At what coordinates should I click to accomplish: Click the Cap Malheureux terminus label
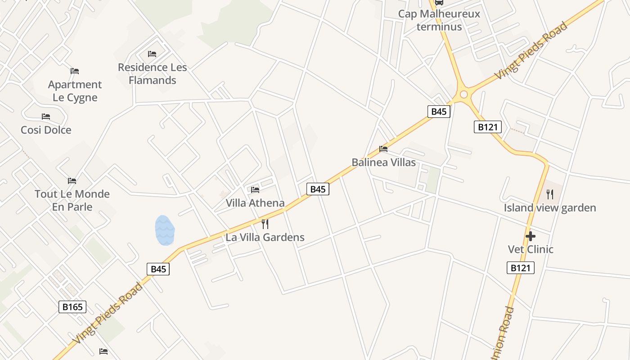[x=439, y=20]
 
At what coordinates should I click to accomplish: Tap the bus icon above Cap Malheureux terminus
[x=439, y=2]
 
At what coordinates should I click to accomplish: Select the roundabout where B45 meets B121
[x=463, y=95]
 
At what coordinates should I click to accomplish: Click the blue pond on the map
[x=165, y=230]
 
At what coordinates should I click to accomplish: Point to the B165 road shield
[x=72, y=307]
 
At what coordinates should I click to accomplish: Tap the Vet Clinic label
[x=531, y=249]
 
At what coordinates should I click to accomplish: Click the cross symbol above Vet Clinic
[x=531, y=236]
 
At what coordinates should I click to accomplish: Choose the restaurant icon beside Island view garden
[x=550, y=194]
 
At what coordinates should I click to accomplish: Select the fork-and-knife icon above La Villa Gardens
[x=265, y=224]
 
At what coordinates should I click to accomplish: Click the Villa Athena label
[x=255, y=203]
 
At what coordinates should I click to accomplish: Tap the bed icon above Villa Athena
[x=255, y=189]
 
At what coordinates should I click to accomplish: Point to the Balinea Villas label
[x=383, y=162]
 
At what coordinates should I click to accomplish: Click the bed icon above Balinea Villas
[x=383, y=148]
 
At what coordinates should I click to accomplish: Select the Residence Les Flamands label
[x=152, y=74]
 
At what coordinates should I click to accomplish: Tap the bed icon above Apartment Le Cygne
[x=75, y=71]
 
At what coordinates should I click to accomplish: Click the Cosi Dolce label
[x=46, y=130]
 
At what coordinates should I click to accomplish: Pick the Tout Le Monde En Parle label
[x=72, y=200]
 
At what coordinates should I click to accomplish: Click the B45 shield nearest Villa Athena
[x=318, y=189]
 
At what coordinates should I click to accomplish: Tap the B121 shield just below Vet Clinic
[x=521, y=268]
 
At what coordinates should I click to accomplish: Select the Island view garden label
[x=550, y=208]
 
